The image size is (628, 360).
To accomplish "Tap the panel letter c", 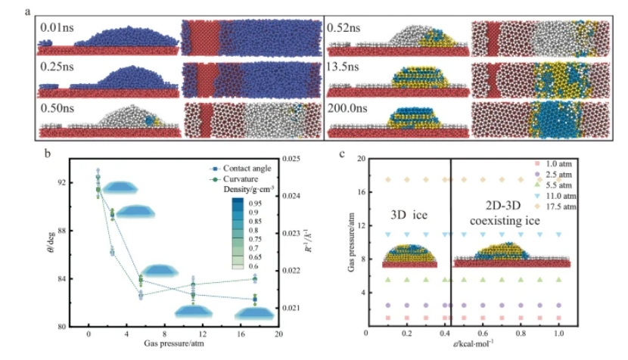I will (x=343, y=154).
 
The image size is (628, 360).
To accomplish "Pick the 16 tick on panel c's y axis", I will (x=361, y=191).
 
